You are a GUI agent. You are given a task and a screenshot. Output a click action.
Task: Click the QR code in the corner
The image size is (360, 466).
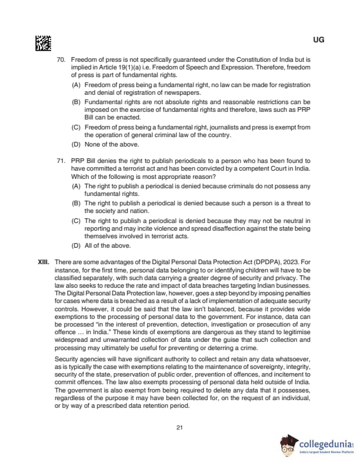43,42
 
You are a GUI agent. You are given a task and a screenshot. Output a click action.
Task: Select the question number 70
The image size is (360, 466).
60,61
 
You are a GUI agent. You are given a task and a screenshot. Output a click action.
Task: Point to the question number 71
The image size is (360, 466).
60,160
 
